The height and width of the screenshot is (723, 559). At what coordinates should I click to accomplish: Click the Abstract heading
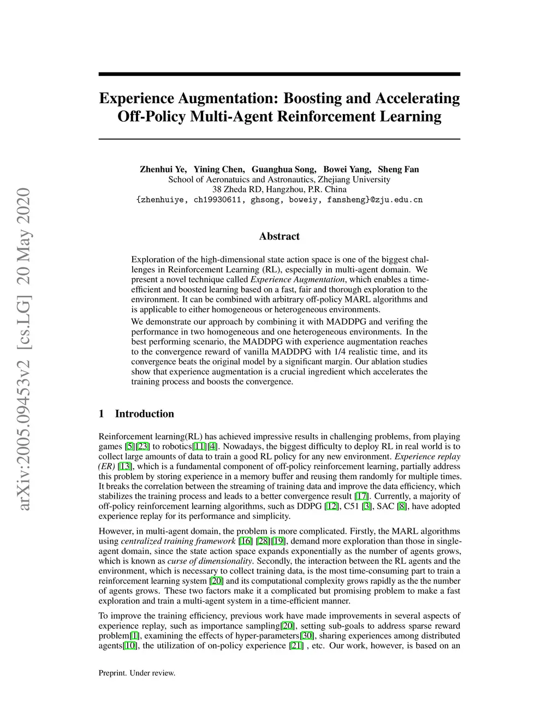pyautogui.click(x=279, y=236)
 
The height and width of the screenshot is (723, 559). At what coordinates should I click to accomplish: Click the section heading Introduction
pyautogui.click(x=144, y=414)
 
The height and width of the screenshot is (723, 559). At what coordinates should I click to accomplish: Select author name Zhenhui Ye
pyautogui.click(x=163, y=169)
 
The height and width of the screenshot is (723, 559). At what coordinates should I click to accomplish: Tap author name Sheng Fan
pyautogui.click(x=399, y=169)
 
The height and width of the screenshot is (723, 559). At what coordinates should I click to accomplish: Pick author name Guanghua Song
pyautogui.click(x=283, y=169)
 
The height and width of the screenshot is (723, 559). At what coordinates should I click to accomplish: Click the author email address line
pyautogui.click(x=279, y=200)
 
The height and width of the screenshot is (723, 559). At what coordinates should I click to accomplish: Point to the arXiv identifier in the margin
pyautogui.click(x=24, y=349)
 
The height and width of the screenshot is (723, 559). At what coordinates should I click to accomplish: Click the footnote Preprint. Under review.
pyautogui.click(x=137, y=673)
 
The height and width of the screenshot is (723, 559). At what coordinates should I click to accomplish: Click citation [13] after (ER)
pyautogui.click(x=125, y=467)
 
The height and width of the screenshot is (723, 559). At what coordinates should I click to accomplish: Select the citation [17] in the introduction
pyautogui.click(x=361, y=496)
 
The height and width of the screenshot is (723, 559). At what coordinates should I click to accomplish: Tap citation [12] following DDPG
pyautogui.click(x=331, y=506)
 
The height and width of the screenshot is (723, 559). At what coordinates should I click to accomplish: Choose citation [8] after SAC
pyautogui.click(x=402, y=506)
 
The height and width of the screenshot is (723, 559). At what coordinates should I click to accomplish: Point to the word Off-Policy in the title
pyautogui.click(x=151, y=116)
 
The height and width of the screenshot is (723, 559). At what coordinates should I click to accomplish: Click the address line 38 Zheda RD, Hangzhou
pyautogui.click(x=279, y=189)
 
